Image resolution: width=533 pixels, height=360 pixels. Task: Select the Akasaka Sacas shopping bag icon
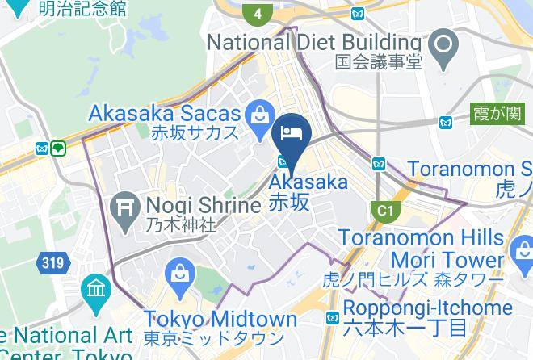coord(260,115)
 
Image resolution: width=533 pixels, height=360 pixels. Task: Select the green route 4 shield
coord(257,14)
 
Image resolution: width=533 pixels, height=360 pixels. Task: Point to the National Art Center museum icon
coord(96,288)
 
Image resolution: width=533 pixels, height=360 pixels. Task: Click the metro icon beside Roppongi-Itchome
coord(333,318)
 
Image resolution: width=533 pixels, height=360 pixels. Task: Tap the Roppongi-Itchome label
coord(427,308)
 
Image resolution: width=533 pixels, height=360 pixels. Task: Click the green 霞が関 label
coord(497,115)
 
